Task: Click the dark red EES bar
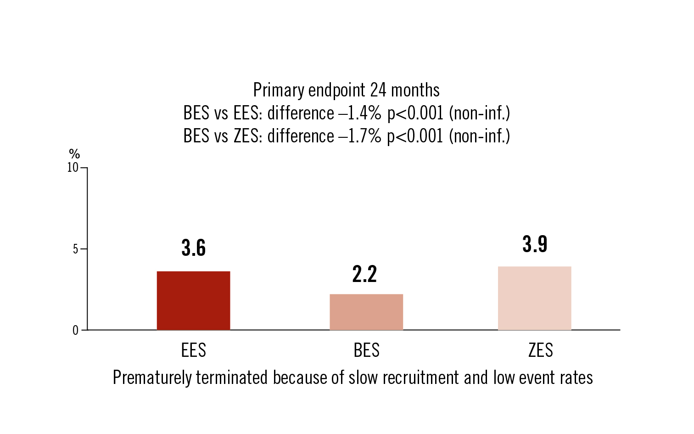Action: (193, 300)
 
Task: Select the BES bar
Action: (366, 312)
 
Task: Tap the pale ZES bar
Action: (534, 298)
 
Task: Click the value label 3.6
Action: (194, 248)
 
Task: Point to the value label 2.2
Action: (364, 274)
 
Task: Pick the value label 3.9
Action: (535, 244)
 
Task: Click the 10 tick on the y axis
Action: (73, 168)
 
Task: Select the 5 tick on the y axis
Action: (75, 249)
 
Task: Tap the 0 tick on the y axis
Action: (75, 331)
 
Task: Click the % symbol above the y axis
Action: (74, 154)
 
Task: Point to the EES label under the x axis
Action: (193, 350)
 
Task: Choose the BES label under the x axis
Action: (366, 350)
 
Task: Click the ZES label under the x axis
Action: (540, 350)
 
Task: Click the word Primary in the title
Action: (279, 90)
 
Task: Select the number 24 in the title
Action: (378, 90)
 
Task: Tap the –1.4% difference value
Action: (360, 113)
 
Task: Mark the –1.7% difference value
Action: (360, 136)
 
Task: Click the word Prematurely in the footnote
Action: (152, 378)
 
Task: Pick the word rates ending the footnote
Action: (576, 378)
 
